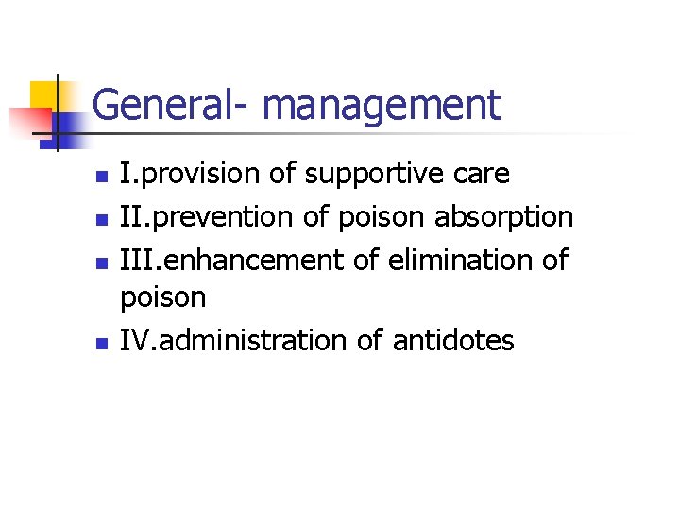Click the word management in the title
[382, 105]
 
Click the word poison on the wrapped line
[162, 299]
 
